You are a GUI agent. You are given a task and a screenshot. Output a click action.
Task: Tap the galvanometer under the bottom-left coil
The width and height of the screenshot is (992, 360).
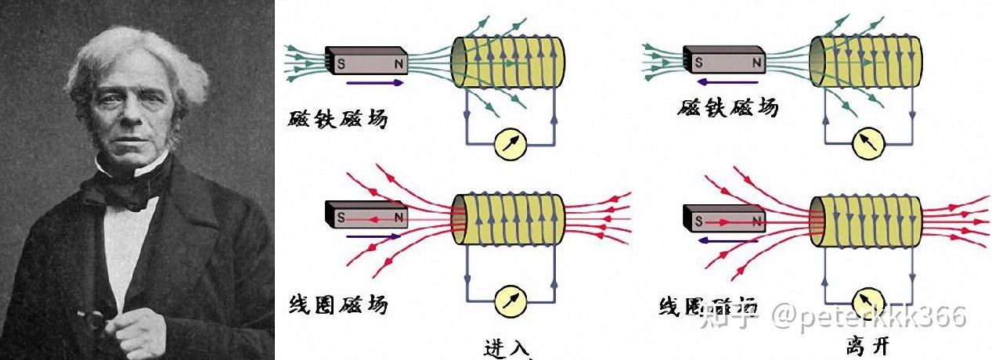point(514,297)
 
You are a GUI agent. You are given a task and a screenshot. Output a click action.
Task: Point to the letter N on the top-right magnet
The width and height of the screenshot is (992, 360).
point(756,61)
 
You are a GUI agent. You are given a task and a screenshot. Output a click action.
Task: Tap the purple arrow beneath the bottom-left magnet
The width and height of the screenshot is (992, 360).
point(373,236)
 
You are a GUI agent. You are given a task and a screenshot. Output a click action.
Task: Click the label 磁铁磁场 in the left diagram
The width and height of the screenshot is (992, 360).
point(337,120)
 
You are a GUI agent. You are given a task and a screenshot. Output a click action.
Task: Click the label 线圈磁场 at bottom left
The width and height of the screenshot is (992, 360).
point(337,304)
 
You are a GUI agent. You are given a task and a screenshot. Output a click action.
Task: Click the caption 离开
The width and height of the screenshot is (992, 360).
point(867,345)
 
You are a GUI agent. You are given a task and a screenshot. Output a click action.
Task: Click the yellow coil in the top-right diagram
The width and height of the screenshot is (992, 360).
point(866,62)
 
